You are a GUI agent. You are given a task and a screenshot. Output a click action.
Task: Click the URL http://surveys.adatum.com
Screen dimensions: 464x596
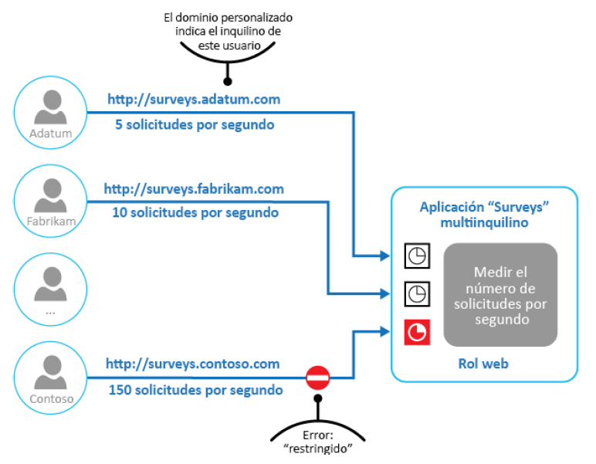pyautogui.click(x=193, y=100)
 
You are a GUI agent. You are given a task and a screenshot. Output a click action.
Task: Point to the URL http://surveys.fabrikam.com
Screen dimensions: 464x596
pyautogui.click(x=194, y=188)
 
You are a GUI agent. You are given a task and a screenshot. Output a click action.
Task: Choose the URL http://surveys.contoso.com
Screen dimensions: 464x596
pyautogui.click(x=192, y=364)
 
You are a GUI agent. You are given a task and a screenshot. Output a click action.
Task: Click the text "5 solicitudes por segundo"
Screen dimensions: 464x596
pyautogui.click(x=194, y=124)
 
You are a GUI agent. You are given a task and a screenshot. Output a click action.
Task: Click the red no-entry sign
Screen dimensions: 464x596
pyautogui.click(x=318, y=378)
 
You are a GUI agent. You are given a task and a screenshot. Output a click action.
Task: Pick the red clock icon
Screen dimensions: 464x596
pyautogui.click(x=418, y=332)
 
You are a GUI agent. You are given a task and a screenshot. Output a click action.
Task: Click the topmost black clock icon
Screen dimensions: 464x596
pyautogui.click(x=418, y=256)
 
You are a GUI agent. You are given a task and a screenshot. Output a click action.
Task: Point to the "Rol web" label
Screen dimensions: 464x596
pyautogui.click(x=484, y=363)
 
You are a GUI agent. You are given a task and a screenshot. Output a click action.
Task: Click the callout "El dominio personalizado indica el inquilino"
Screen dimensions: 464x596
pyautogui.click(x=228, y=31)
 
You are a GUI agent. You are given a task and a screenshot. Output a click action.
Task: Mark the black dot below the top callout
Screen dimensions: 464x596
pyautogui.click(x=228, y=80)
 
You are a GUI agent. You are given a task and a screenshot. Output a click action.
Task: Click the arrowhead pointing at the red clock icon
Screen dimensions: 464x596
pyautogui.click(x=385, y=333)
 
